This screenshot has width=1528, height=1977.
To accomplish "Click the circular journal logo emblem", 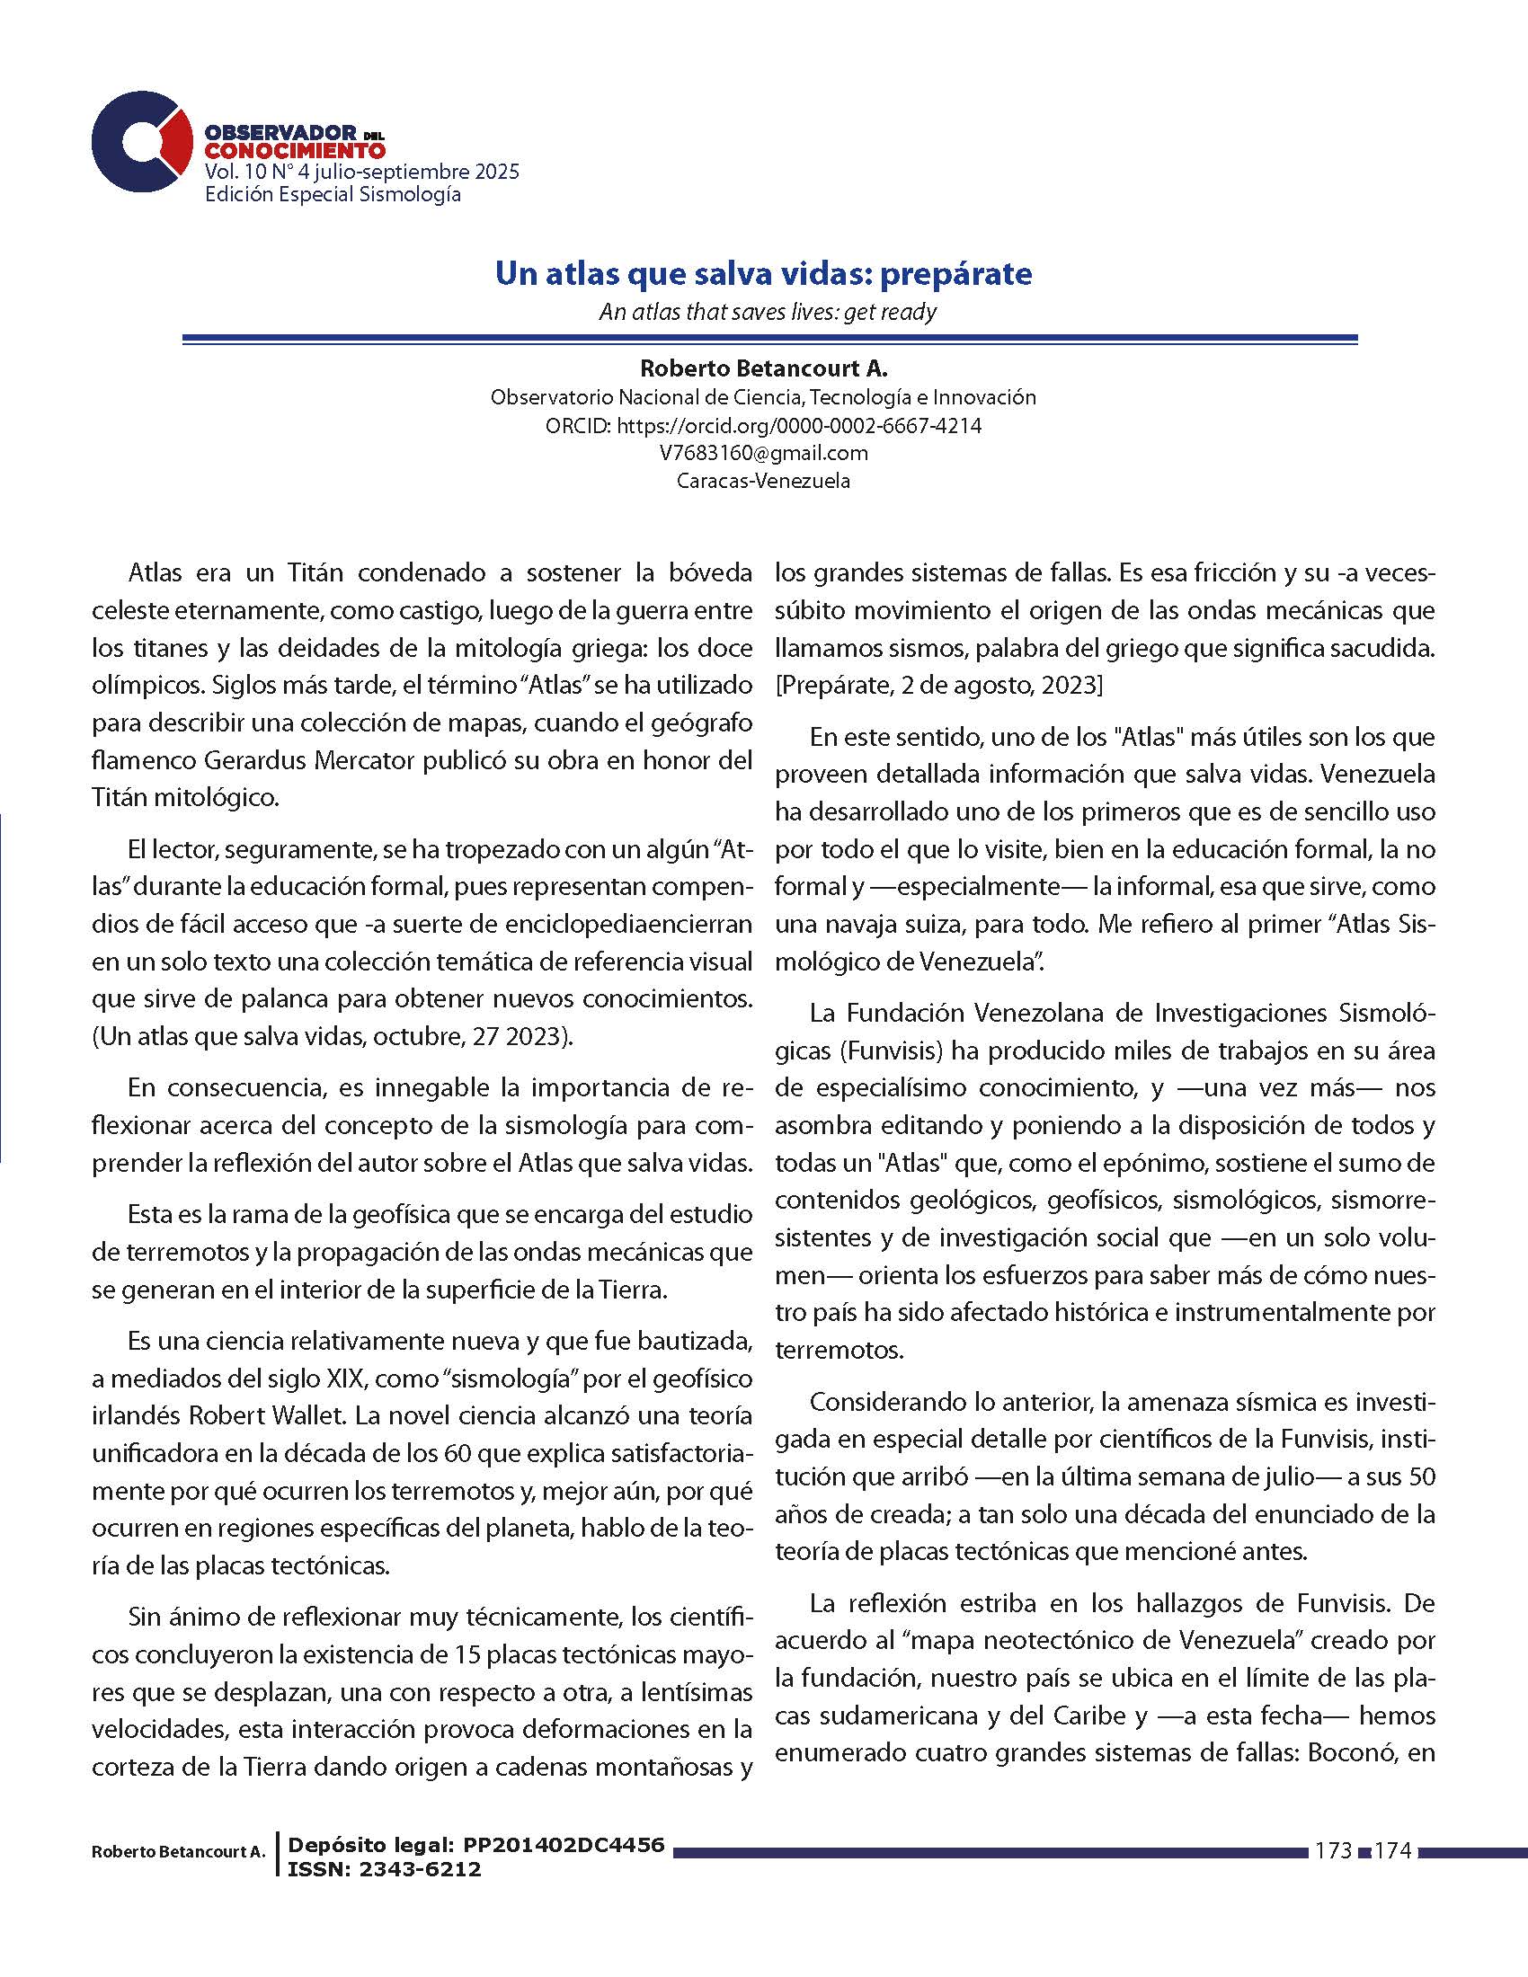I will (x=141, y=143).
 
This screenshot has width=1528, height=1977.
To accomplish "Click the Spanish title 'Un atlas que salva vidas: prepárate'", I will (x=763, y=273).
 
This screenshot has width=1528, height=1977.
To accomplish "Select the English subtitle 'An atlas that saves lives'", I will (x=767, y=313).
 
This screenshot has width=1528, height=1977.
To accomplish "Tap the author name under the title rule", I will (x=763, y=368).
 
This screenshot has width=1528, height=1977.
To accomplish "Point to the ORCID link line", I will (x=763, y=425).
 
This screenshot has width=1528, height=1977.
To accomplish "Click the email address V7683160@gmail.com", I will (x=763, y=454).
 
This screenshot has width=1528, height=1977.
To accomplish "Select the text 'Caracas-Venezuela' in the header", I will (x=763, y=482).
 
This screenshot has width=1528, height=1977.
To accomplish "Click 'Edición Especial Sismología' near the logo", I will (x=333, y=195).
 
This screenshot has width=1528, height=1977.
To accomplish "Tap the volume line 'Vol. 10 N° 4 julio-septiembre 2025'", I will (x=362, y=172).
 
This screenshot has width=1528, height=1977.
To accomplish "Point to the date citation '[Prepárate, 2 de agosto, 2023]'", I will (x=938, y=687).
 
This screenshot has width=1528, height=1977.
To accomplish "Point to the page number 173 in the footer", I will (x=1333, y=1851).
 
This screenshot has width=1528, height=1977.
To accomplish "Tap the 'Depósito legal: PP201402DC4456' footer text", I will (x=476, y=1845).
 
